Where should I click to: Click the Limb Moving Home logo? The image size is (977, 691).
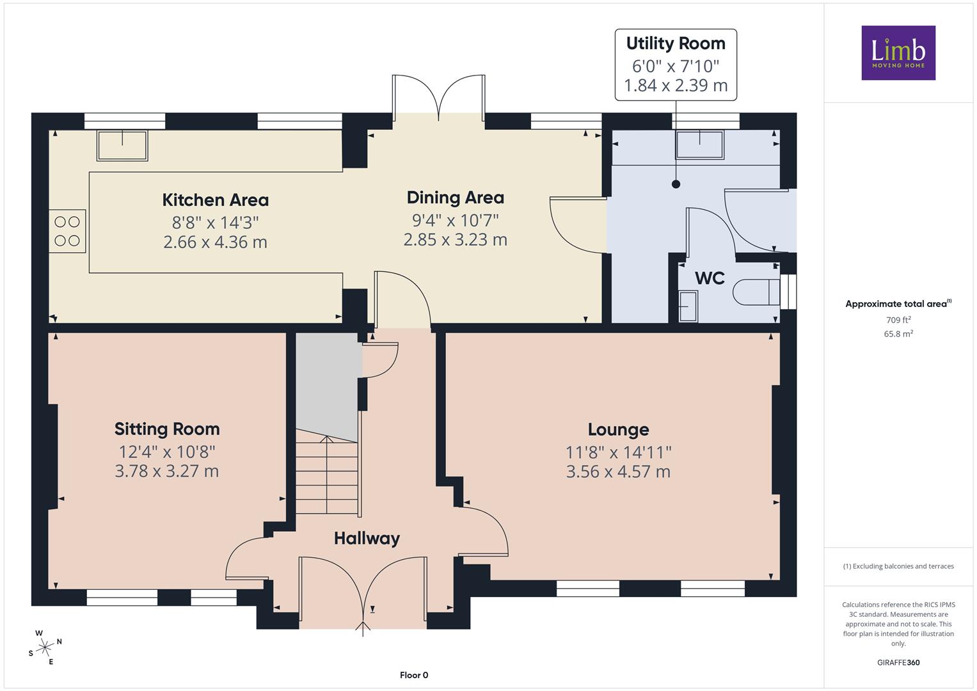pyautogui.click(x=898, y=52)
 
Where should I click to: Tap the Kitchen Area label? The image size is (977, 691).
pyautogui.click(x=216, y=200)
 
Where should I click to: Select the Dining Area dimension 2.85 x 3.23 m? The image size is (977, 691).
pyautogui.click(x=456, y=240)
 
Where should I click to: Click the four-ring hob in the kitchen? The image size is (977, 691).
pyautogui.click(x=67, y=231)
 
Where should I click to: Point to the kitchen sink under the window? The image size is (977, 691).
pyautogui.click(x=123, y=146)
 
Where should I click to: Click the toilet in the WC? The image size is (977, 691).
pyautogui.click(x=756, y=292)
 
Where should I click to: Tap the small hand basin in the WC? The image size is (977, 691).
pyautogui.click(x=688, y=306)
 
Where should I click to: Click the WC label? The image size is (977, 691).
pyautogui.click(x=710, y=278)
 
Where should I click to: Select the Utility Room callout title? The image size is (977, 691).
pyautogui.click(x=676, y=44)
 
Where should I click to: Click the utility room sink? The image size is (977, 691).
pyautogui.click(x=700, y=145)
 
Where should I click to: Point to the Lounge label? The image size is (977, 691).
pyautogui.click(x=619, y=430)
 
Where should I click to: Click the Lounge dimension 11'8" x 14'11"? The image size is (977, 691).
pyautogui.click(x=619, y=452)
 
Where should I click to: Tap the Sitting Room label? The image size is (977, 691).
pyautogui.click(x=167, y=429)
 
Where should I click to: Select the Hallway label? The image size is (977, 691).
pyautogui.click(x=367, y=539)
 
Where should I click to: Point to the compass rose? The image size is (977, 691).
pyautogui.click(x=45, y=647)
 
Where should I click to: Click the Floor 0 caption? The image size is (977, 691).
pyautogui.click(x=414, y=675)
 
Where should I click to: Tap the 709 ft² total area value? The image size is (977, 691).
pyautogui.click(x=898, y=320)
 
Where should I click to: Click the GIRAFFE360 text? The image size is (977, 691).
pyautogui.click(x=898, y=663)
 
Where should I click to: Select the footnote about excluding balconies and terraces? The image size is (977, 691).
pyautogui.click(x=898, y=566)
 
